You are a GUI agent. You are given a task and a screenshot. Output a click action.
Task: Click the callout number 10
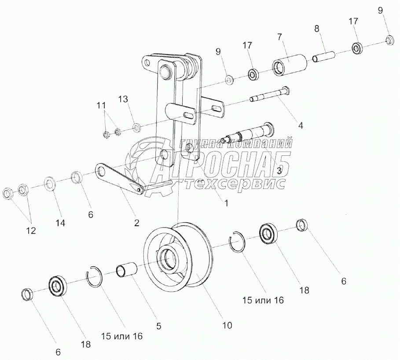(227, 326)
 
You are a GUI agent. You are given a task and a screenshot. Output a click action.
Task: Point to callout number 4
(300, 125)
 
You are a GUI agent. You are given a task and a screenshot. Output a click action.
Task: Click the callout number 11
(102, 105)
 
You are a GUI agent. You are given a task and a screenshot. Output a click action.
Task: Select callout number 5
(159, 326)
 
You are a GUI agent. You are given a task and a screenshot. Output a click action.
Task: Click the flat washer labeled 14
(49, 183)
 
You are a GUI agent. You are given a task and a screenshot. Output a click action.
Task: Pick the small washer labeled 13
(136, 128)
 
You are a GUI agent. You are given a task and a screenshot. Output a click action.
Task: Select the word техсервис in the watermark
(235, 184)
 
